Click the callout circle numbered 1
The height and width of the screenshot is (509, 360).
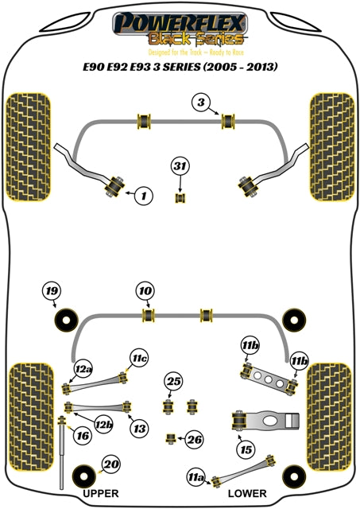[143, 194]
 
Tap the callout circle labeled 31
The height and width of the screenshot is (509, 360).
[180, 166]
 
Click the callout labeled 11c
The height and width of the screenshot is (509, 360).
[140, 359]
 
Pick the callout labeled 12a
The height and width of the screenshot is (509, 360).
[83, 369]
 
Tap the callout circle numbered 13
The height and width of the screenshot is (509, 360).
[139, 429]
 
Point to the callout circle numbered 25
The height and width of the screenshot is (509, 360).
[173, 381]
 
